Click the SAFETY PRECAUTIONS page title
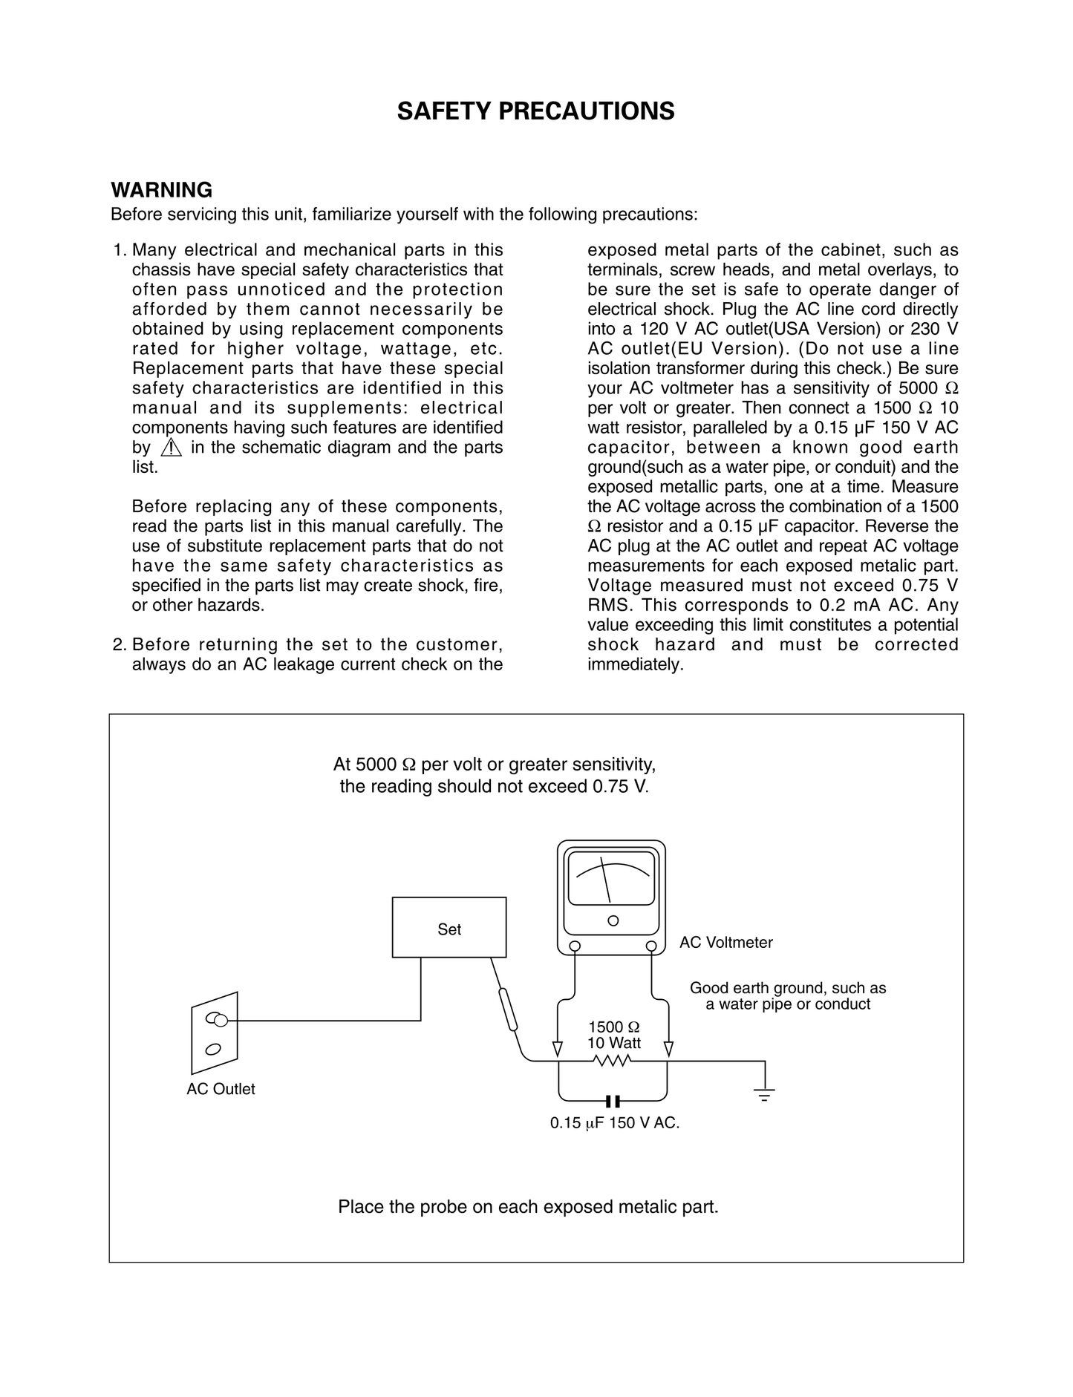pyautogui.click(x=535, y=111)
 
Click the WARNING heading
pyautogui.click(x=161, y=190)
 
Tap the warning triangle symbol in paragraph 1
pyautogui.click(x=171, y=448)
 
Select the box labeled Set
pyautogui.click(x=449, y=928)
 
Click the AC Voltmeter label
pyautogui.click(x=725, y=943)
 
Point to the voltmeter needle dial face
pyautogui.click(x=610, y=877)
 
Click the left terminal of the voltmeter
pyautogui.click(x=575, y=946)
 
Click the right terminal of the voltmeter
pyautogui.click(x=651, y=946)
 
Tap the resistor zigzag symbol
pyautogui.click(x=613, y=1061)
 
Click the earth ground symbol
pyautogui.click(x=764, y=1093)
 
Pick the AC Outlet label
pyautogui.click(x=221, y=1089)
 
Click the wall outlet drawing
pyautogui.click(x=215, y=1033)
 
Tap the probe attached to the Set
pyautogui.click(x=507, y=1010)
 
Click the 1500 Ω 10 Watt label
pyautogui.click(x=614, y=1035)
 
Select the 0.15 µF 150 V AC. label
pyautogui.click(x=615, y=1123)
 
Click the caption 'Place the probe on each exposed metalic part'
pyautogui.click(x=528, y=1207)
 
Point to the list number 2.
pyautogui.click(x=119, y=644)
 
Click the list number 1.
pyautogui.click(x=119, y=251)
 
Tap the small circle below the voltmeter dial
pyautogui.click(x=613, y=920)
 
